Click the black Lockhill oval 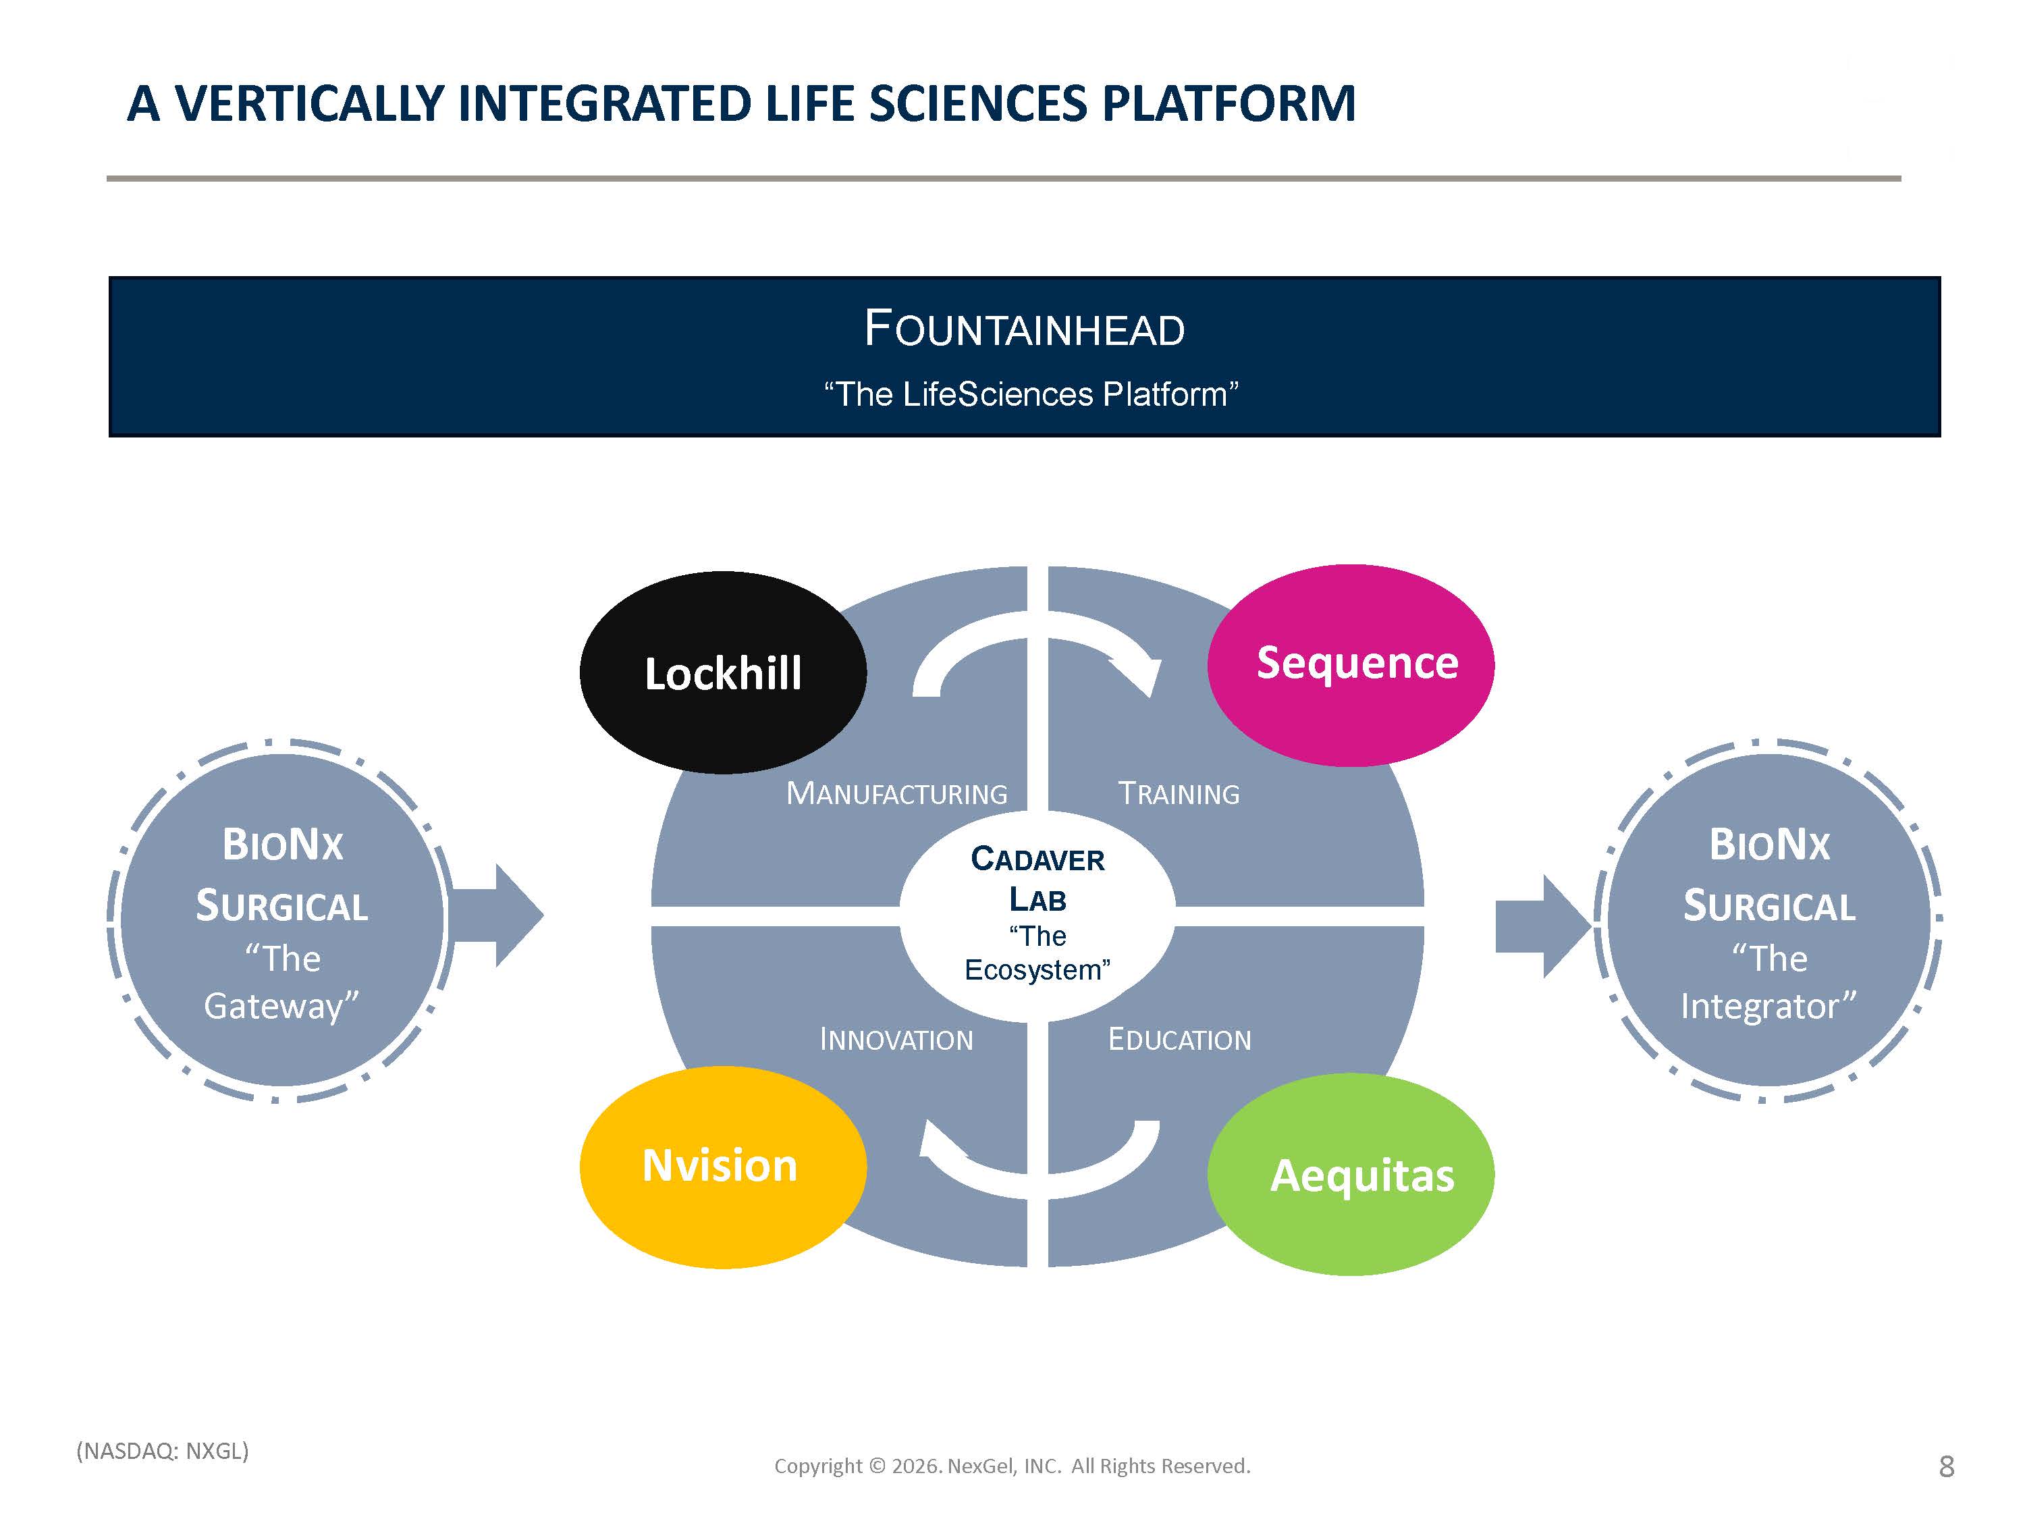(x=723, y=673)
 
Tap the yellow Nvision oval (x=723, y=1167)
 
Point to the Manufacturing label (x=897, y=793)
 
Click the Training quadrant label (x=1179, y=793)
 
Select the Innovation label (x=896, y=1039)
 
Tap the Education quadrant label (x=1179, y=1039)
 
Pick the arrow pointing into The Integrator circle (x=1544, y=926)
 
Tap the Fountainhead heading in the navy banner (x=1025, y=329)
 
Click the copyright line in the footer (x=1013, y=1466)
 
